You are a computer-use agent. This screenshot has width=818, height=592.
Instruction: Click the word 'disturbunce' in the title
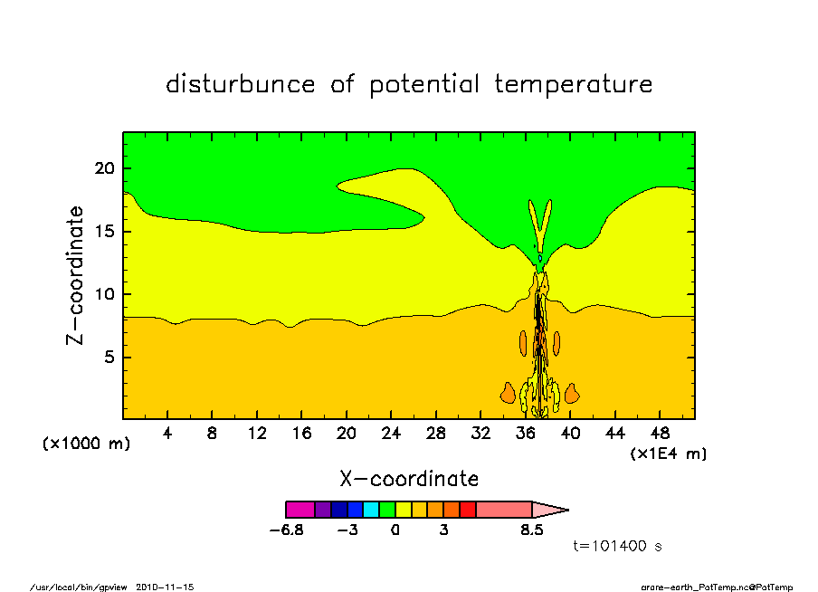[241, 85]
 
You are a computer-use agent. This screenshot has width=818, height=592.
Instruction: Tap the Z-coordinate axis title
[76, 275]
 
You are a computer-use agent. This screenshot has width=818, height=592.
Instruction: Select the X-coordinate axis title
[409, 479]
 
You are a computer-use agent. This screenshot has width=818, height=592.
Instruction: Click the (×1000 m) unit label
[87, 444]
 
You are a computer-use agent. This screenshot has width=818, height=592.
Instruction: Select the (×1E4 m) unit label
[669, 454]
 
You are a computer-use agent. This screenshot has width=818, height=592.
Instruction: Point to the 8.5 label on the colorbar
[532, 530]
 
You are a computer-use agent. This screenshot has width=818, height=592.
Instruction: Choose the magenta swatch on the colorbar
[300, 510]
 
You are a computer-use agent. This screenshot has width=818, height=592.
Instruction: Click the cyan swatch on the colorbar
[371, 510]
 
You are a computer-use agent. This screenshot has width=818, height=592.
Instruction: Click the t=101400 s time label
[620, 547]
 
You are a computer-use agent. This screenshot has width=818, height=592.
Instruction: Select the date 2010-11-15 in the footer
[165, 587]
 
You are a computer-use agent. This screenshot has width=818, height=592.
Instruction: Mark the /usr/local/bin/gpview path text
[81, 587]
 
